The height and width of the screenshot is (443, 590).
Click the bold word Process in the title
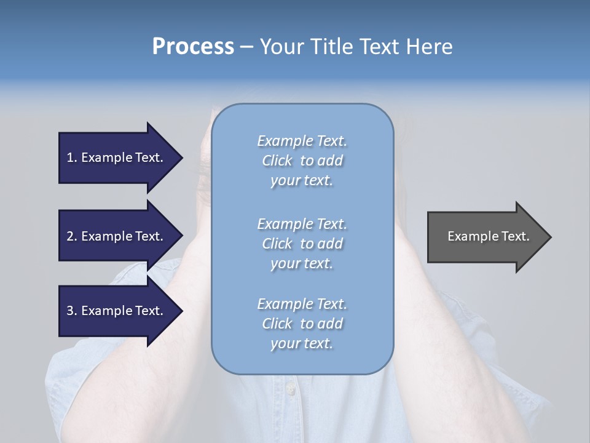click(193, 47)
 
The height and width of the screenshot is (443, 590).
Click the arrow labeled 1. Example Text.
click(120, 158)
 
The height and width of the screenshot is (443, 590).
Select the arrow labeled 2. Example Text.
click(120, 236)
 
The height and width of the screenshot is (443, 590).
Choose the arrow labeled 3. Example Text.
click(120, 311)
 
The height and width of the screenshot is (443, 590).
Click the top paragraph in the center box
click(302, 161)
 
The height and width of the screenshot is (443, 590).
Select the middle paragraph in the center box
click(302, 244)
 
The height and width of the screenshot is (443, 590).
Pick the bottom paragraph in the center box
click(302, 324)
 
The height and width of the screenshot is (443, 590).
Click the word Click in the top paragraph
click(277, 161)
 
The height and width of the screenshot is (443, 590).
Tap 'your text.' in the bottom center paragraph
click(302, 344)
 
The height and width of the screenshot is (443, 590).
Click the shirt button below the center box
click(289, 388)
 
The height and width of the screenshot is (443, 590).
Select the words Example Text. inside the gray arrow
click(488, 236)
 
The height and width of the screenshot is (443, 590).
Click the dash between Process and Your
click(246, 47)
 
